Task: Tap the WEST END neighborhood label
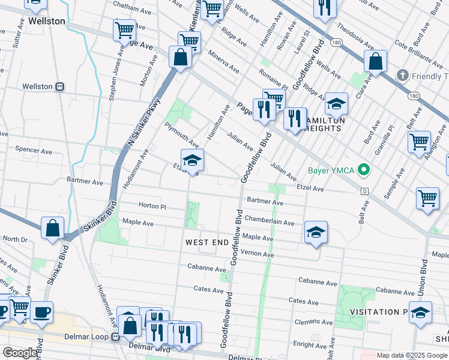[x=206, y=242]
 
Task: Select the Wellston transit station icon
[x=59, y=86]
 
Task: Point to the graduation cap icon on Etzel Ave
[x=192, y=161]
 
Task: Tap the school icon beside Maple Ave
[x=316, y=232]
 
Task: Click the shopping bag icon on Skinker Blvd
[x=53, y=228]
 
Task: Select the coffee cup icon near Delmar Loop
[x=42, y=312]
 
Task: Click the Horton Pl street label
[x=152, y=205]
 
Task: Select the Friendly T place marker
[x=402, y=76]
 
